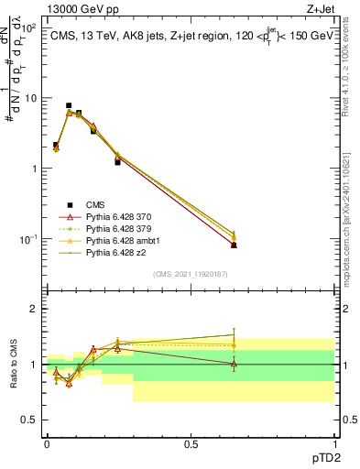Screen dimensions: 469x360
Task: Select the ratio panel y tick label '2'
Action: pyautogui.click(x=34, y=309)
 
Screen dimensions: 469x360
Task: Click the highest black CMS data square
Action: pyautogui.click(x=69, y=105)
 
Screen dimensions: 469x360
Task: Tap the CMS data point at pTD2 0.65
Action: pyautogui.click(x=234, y=245)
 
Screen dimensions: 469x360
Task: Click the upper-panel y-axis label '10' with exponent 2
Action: pyautogui.click(x=29, y=27)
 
